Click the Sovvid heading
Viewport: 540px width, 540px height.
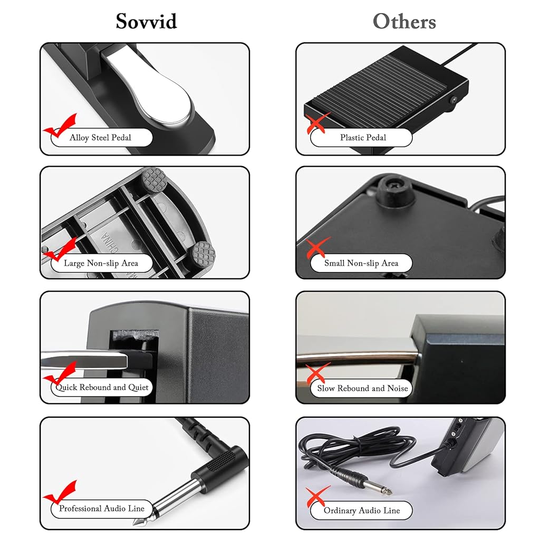pos(147,21)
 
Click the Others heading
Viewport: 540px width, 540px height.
pos(404,21)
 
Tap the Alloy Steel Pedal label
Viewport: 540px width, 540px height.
pos(100,138)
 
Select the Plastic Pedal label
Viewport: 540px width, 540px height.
pos(363,138)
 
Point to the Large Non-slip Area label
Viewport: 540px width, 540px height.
pos(101,263)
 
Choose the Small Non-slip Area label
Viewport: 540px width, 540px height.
pos(361,263)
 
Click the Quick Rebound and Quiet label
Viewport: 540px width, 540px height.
pos(102,388)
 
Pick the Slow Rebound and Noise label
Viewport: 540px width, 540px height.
pos(362,389)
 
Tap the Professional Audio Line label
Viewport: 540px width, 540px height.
pos(101,509)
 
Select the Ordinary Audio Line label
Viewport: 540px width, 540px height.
pos(362,510)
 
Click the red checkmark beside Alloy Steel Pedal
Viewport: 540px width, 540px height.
pos(61,126)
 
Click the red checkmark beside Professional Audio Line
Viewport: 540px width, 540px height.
pos(60,493)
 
